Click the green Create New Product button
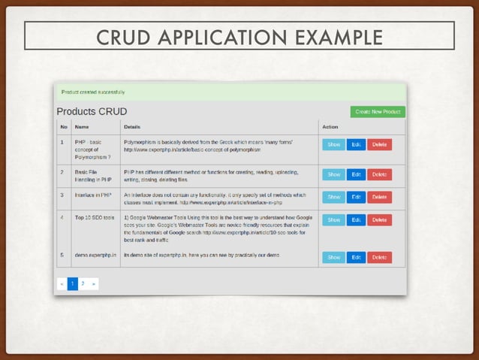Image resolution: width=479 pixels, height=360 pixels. (x=378, y=112)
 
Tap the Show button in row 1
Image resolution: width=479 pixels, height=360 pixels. (x=333, y=145)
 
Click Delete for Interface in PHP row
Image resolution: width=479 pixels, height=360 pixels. (x=379, y=197)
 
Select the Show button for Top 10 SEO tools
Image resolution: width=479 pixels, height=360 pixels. (x=333, y=220)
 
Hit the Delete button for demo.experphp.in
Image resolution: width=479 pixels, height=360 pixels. (x=379, y=257)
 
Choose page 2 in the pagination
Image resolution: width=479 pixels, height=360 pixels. (x=83, y=284)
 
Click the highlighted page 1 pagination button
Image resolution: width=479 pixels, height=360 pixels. (x=72, y=284)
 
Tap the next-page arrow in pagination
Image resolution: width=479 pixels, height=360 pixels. (x=93, y=284)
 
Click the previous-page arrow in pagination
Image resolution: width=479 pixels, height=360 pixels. (x=62, y=284)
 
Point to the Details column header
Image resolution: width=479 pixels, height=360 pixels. (x=132, y=127)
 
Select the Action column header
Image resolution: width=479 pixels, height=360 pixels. (x=330, y=127)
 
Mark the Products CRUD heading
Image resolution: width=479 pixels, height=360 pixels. (x=92, y=112)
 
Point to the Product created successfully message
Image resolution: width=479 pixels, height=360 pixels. (x=93, y=92)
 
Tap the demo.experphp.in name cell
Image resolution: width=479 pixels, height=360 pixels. (x=95, y=256)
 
